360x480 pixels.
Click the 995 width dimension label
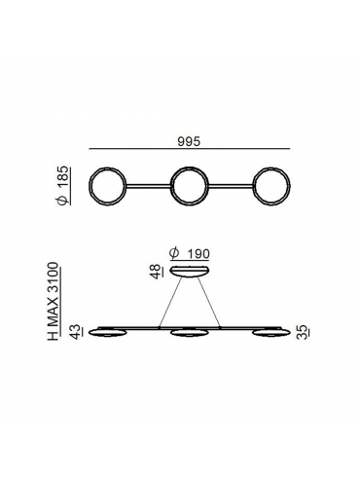(189, 141)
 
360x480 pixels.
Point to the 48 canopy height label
(156, 272)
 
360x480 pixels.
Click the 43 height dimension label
(77, 332)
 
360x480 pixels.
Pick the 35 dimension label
(303, 333)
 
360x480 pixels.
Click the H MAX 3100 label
(53, 301)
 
